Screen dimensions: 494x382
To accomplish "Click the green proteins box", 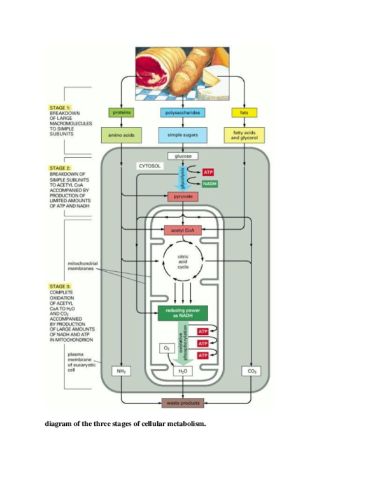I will point(121,113).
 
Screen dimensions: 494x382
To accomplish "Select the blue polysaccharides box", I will point(183,113).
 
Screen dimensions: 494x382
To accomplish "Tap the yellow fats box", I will point(244,113).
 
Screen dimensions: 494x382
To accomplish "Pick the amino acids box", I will point(121,135).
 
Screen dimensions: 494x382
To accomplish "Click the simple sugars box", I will point(183,135).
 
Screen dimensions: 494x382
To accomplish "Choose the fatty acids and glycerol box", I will point(244,135).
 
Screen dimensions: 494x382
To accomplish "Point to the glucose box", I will point(183,156).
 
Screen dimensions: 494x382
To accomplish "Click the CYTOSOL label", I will point(150,166).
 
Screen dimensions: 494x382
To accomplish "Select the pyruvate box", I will point(183,197).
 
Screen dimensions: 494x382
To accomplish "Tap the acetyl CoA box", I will point(183,229).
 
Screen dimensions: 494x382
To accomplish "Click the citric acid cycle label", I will point(183,262).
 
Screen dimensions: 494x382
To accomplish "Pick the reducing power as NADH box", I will point(183,313).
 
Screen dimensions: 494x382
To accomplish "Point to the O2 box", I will point(166,348).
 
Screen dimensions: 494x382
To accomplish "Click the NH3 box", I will point(121,370).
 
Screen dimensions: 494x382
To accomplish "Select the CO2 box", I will point(250,370).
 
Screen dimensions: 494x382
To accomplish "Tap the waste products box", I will point(183,403).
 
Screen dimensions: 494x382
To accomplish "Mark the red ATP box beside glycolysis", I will point(209,173).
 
